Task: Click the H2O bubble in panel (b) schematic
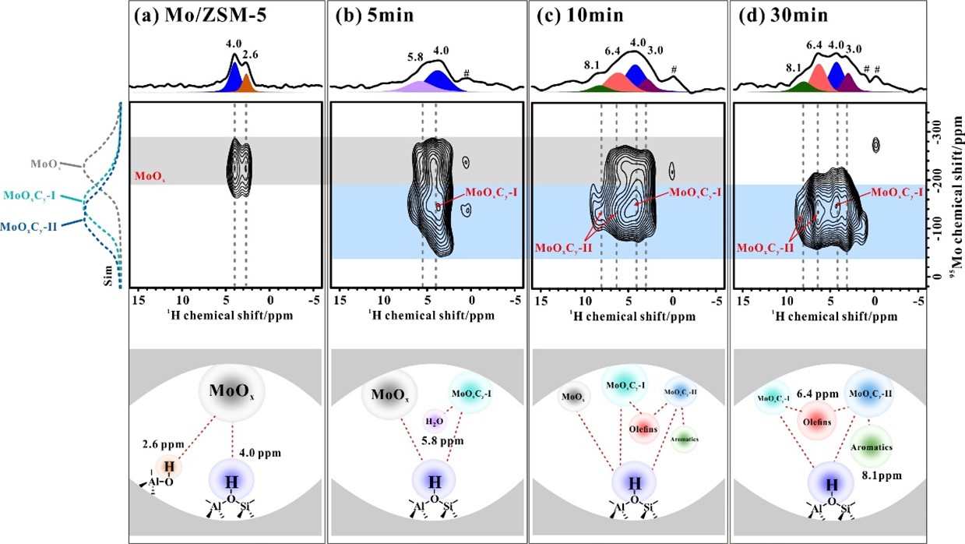coord(434,422)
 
